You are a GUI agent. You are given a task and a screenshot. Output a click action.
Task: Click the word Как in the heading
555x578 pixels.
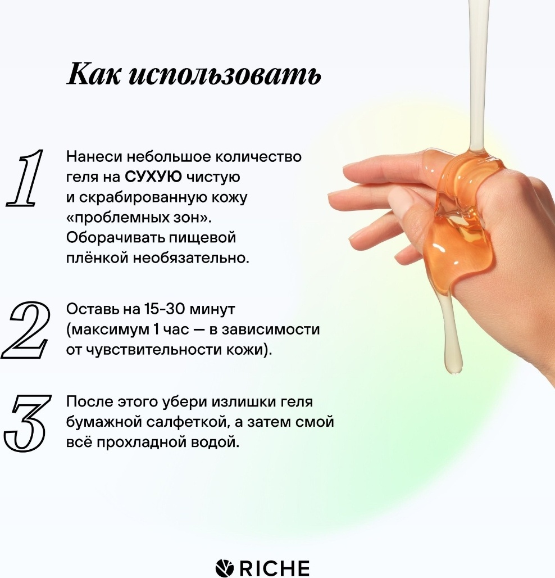[93, 74]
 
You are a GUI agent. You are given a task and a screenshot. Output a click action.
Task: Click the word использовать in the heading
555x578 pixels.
[225, 75]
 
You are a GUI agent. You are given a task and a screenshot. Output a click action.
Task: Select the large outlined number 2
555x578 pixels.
[26, 329]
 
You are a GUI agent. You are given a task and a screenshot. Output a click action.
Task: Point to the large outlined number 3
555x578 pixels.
[26, 423]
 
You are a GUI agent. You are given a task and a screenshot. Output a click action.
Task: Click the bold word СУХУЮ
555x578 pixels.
[153, 177]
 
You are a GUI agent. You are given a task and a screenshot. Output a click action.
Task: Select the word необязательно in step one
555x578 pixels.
[191, 258]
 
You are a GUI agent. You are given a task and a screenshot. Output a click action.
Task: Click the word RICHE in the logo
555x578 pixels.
[275, 568]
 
